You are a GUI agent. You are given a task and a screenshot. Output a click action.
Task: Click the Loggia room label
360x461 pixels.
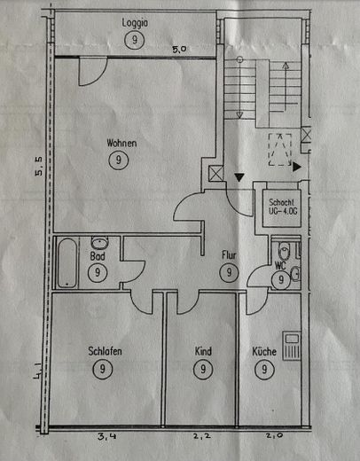[135, 23]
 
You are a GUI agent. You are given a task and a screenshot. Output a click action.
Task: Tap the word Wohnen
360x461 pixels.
[121, 144]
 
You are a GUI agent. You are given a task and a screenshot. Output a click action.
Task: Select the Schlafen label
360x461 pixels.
[105, 351]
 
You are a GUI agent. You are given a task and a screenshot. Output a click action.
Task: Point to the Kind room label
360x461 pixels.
[203, 351]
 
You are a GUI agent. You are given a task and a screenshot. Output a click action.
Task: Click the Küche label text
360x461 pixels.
[264, 351]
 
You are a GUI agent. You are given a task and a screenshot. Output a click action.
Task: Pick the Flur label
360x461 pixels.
[229, 255]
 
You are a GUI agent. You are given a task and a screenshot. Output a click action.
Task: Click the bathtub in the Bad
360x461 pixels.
[67, 262]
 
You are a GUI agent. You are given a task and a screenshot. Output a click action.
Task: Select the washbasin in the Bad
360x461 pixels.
[100, 243]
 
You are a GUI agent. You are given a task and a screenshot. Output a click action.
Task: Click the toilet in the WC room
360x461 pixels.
[285, 251]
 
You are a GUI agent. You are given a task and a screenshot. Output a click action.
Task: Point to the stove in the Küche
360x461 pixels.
[292, 346]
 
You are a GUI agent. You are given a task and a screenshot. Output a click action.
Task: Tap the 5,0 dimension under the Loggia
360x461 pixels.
[179, 49]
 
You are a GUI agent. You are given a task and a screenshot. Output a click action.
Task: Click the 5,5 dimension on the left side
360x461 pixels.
[39, 167]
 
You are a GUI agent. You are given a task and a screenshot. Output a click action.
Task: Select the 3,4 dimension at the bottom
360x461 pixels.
[106, 436]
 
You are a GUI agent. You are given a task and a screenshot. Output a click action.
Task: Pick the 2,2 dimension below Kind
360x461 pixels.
[202, 436]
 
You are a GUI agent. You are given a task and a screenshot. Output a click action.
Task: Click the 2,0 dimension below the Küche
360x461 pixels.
[275, 435]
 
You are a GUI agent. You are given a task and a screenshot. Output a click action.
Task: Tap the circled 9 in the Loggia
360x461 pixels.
[135, 40]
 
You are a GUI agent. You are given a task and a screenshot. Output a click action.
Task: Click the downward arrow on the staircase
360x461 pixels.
[239, 88]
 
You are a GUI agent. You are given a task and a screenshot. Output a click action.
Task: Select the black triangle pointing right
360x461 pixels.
[297, 168]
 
